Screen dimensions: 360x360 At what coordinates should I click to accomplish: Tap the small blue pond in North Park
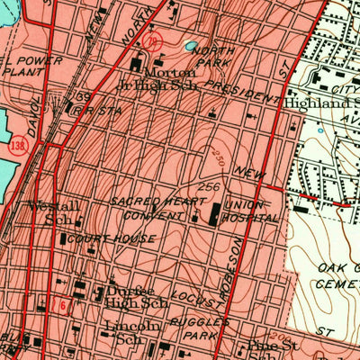(190, 45)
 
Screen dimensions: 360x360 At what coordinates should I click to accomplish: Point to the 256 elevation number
(209, 187)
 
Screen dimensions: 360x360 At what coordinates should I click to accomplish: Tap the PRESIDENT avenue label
(241, 93)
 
